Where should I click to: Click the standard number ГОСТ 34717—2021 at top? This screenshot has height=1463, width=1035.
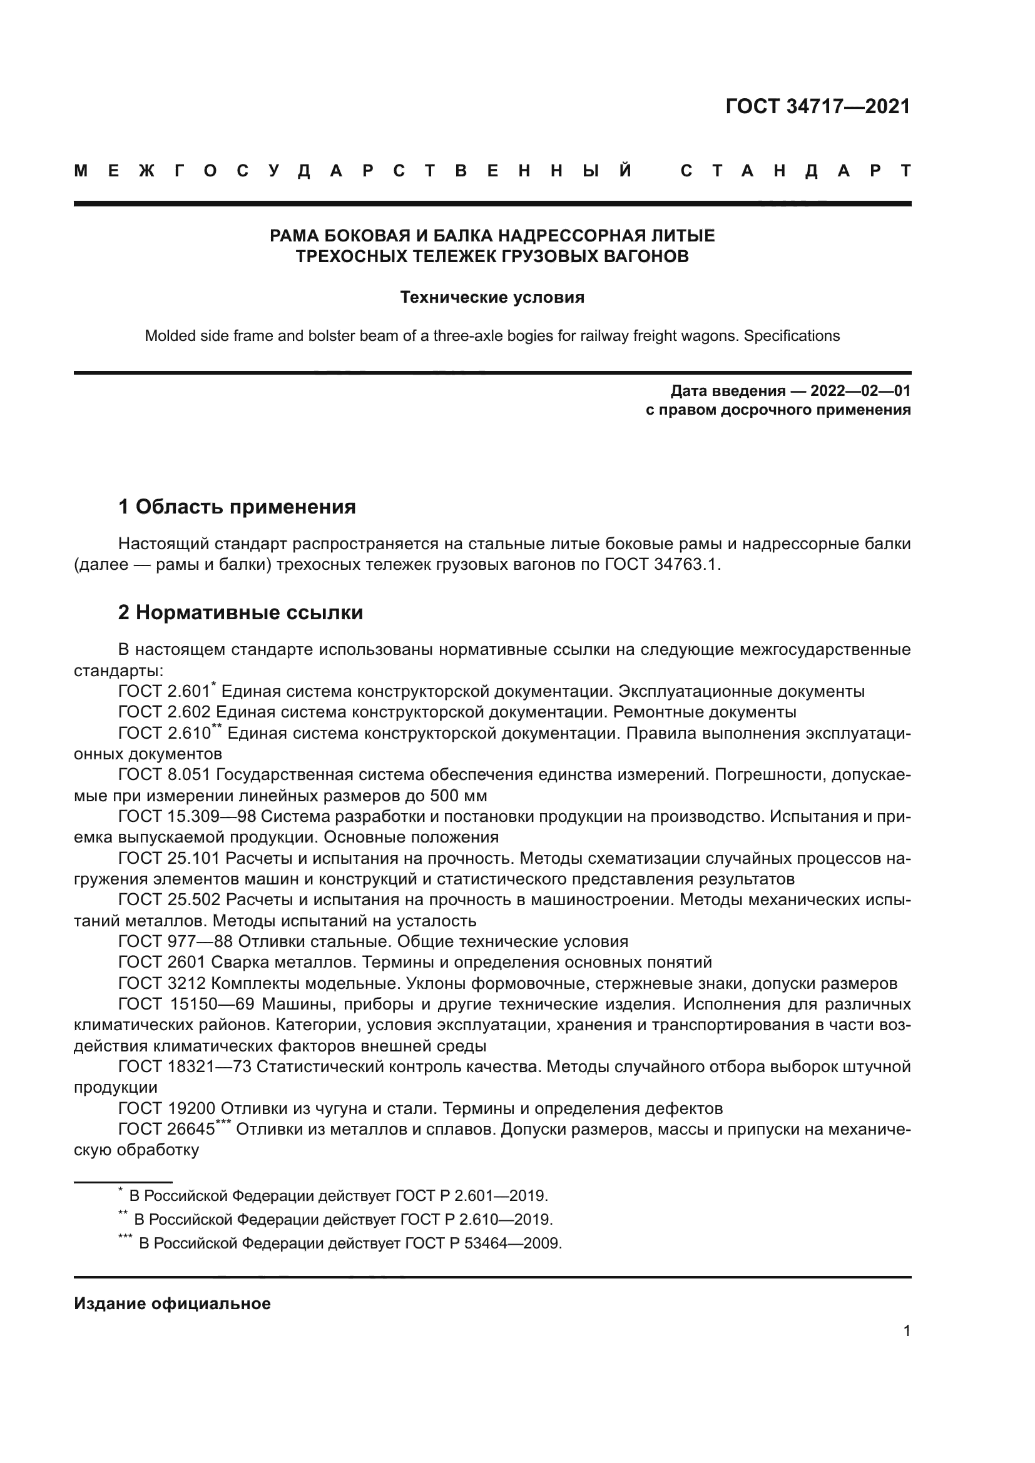point(818,106)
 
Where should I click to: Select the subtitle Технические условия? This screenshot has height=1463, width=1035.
point(492,298)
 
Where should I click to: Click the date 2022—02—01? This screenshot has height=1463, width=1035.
point(860,390)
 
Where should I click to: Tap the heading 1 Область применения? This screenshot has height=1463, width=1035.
point(237,507)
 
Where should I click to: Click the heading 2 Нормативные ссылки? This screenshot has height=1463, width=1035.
point(241,613)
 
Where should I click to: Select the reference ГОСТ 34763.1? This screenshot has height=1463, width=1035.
point(661,565)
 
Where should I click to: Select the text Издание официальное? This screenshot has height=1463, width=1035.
point(172,1304)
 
